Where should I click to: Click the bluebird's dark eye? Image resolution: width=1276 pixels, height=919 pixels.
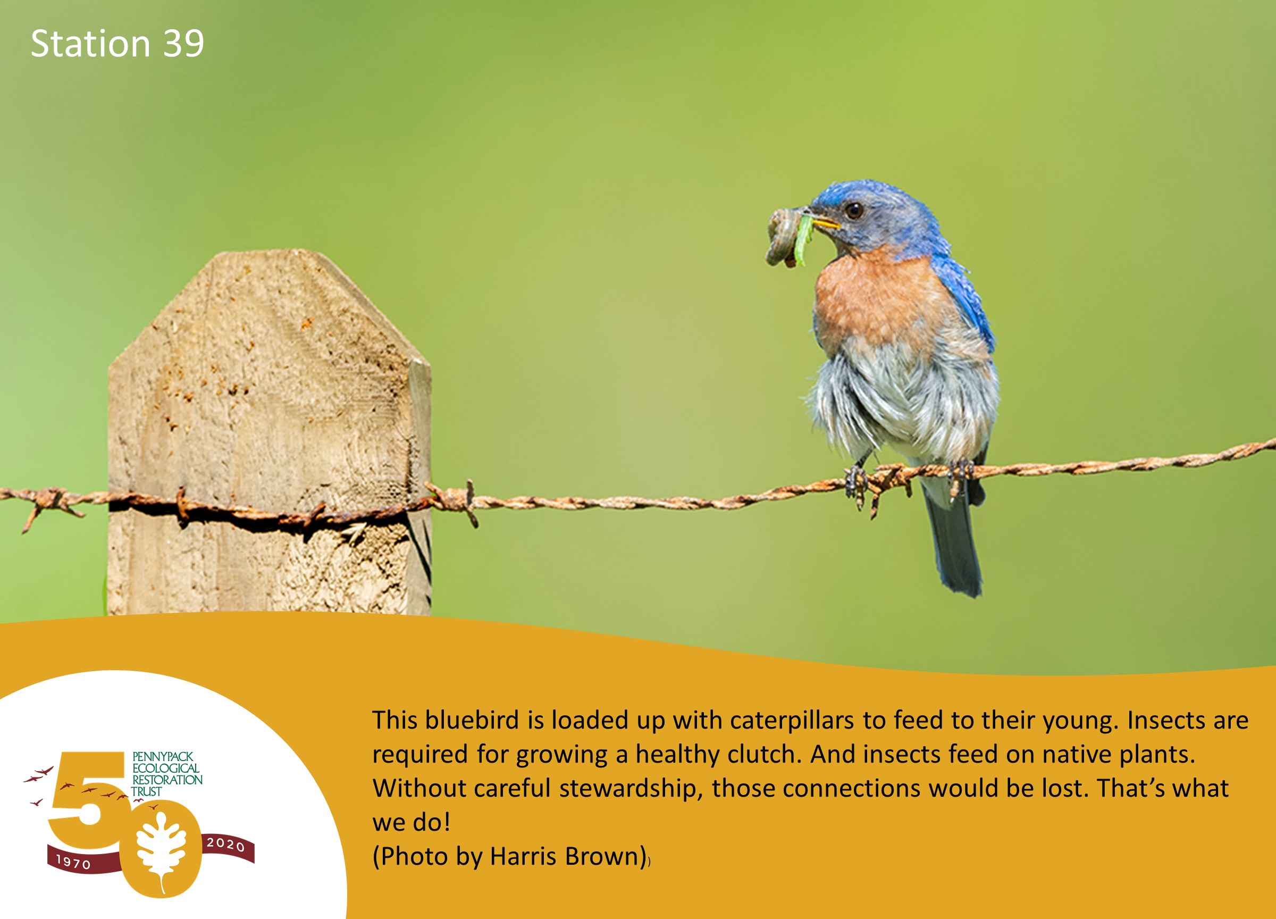coord(854,211)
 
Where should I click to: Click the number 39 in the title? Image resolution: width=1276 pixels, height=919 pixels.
coord(183,44)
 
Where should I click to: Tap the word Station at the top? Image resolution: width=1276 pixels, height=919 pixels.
coord(90,44)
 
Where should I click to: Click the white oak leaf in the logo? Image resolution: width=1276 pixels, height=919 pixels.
coord(162,850)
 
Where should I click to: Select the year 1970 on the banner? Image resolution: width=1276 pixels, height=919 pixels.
coord(74,862)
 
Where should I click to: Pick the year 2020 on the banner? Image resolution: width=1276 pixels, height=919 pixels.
coord(225,844)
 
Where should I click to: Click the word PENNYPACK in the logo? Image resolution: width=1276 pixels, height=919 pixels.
coord(163,757)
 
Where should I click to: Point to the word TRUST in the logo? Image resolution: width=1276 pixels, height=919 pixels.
coord(147,791)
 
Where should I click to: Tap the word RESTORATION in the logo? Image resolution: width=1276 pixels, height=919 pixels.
coord(167,780)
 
